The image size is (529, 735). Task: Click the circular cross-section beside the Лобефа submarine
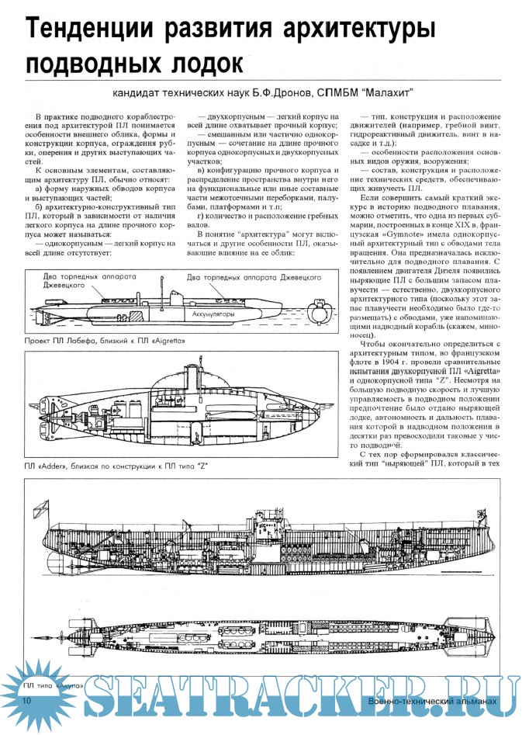(319, 309)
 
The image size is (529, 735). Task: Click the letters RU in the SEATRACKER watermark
(477, 699)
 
